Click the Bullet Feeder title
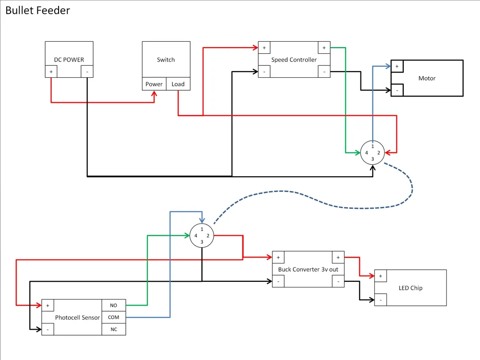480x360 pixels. click(x=37, y=11)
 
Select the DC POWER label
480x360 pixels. click(x=69, y=60)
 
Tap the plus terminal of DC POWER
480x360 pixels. click(x=51, y=72)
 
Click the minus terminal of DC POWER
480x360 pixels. click(x=87, y=72)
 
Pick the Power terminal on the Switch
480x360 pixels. click(x=154, y=84)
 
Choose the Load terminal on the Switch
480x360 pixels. click(x=178, y=84)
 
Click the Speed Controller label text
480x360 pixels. click(x=294, y=60)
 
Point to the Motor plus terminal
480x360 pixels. click(x=397, y=66)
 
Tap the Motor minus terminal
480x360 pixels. click(x=397, y=90)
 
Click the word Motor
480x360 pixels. click(x=427, y=78)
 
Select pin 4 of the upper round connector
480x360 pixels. click(x=366, y=153)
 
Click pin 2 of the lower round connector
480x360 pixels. click(x=208, y=236)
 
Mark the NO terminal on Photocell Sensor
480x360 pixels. click(x=114, y=305)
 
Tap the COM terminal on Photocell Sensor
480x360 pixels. click(x=114, y=317)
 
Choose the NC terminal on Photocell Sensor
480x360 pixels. click(x=114, y=329)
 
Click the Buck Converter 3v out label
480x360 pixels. click(x=308, y=269)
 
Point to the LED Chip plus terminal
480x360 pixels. click(x=381, y=276)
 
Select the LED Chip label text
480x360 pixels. click(x=410, y=288)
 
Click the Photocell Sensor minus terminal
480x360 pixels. click(x=48, y=329)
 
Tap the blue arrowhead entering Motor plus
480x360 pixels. click(x=388, y=66)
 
